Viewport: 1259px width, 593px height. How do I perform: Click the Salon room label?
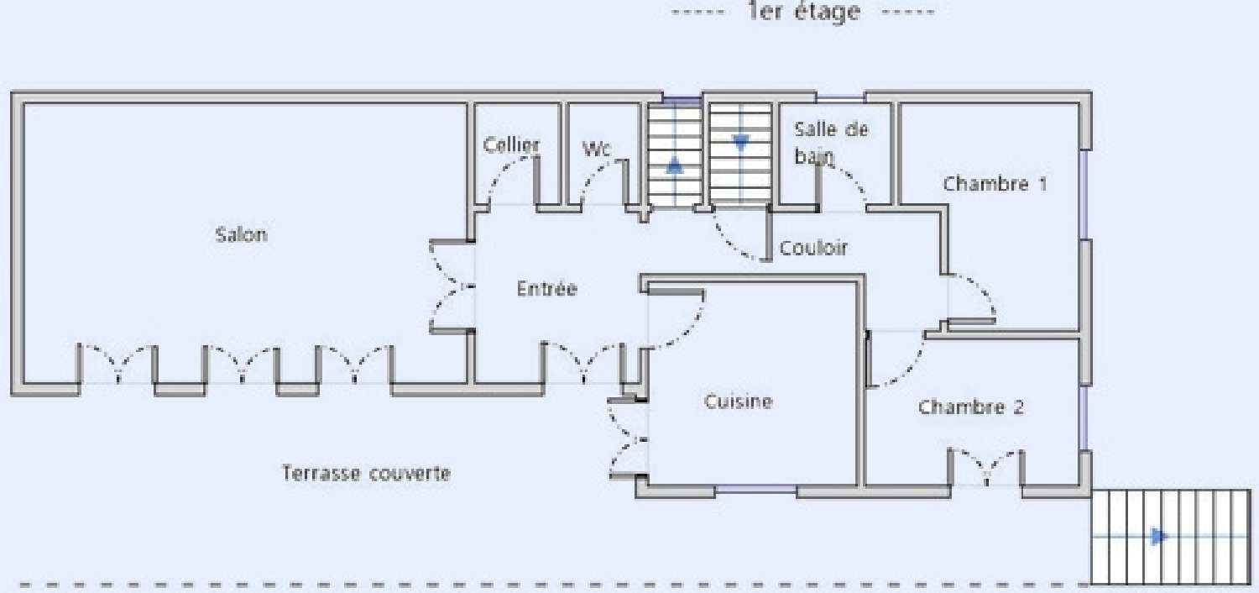(x=242, y=234)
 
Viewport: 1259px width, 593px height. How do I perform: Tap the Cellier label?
(x=511, y=144)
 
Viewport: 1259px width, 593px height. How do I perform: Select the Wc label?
(x=597, y=149)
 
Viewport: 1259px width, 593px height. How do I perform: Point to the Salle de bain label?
(x=829, y=141)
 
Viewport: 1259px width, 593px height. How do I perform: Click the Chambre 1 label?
(x=995, y=183)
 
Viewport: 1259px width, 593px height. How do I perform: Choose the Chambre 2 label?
(x=971, y=407)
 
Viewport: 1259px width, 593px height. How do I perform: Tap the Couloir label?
(x=813, y=248)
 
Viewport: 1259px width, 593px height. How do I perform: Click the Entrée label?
(x=547, y=289)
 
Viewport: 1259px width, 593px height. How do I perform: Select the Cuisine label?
(x=738, y=401)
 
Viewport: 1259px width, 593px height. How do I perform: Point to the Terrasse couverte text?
(x=366, y=474)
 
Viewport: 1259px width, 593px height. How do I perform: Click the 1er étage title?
(x=803, y=12)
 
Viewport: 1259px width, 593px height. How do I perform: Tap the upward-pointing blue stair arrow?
(x=675, y=165)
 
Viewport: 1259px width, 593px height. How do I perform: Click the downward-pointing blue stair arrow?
(x=740, y=143)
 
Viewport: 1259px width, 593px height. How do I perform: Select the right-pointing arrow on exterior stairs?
(x=1160, y=536)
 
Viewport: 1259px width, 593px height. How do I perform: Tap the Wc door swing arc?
(x=600, y=180)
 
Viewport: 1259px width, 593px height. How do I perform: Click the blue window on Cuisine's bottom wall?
(x=755, y=489)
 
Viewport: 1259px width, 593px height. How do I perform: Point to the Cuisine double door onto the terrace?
(x=627, y=438)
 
